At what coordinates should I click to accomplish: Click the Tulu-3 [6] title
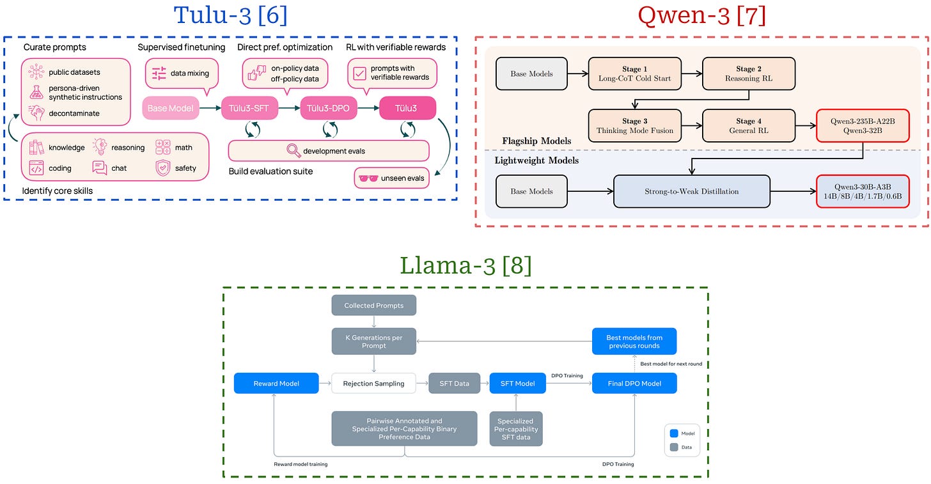230,15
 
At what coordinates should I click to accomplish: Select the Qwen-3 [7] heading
701,15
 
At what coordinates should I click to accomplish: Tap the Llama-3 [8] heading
465,265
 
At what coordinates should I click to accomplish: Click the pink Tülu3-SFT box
249,108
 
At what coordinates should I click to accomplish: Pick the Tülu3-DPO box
328,108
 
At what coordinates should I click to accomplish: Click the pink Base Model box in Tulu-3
170,108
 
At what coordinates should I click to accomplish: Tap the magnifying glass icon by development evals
293,151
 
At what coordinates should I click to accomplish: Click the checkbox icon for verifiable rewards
360,74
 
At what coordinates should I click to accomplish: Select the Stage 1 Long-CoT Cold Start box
634,74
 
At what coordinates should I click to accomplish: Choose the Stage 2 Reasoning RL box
748,74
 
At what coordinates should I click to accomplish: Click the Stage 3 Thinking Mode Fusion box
634,125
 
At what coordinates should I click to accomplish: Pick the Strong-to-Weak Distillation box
691,191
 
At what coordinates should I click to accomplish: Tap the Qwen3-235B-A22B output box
863,125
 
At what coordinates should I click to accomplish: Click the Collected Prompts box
374,305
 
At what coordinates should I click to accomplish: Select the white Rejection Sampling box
373,383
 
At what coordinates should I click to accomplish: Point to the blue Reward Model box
276,383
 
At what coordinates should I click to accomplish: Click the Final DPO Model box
634,383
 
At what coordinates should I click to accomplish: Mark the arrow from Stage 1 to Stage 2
691,74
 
